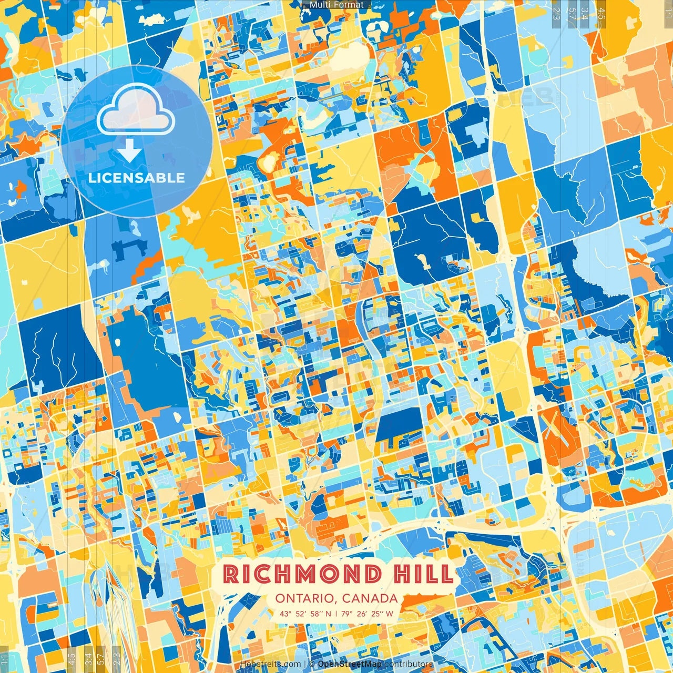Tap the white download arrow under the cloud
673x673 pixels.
point(129,150)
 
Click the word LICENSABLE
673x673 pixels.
point(137,178)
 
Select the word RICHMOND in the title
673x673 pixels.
point(302,574)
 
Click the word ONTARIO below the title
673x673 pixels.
point(305,598)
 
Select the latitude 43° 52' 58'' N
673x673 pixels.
point(305,613)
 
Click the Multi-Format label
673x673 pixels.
point(336,5)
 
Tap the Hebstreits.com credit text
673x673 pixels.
point(271,664)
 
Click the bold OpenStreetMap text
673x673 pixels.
point(350,664)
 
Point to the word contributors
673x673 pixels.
point(409,664)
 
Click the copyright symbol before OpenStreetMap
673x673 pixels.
point(312,664)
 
